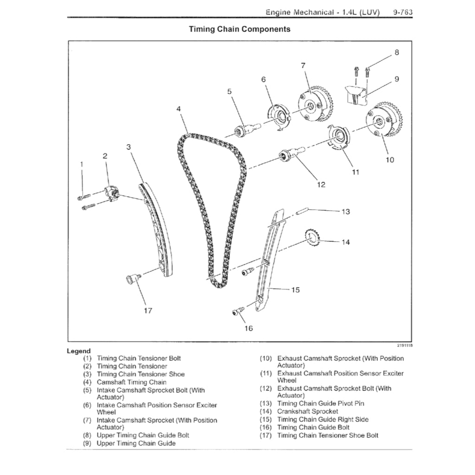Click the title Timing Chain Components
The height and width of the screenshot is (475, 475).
(x=239, y=29)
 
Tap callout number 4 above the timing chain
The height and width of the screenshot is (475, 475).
(x=178, y=109)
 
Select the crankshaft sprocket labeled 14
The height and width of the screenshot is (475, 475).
(x=312, y=239)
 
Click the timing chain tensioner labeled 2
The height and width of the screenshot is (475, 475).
(x=112, y=193)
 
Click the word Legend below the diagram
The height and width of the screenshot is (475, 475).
(x=79, y=351)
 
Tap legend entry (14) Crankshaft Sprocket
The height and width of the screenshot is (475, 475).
(x=307, y=411)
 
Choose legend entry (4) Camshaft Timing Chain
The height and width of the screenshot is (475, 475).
(x=131, y=382)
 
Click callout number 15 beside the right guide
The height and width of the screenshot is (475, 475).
(x=295, y=290)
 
